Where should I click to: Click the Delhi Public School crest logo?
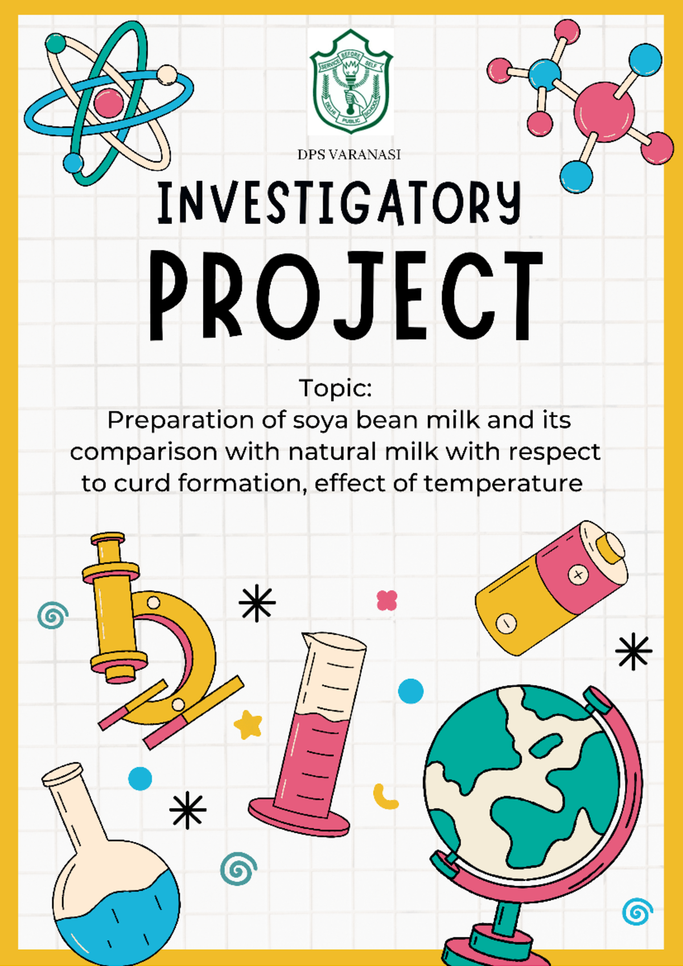(351, 81)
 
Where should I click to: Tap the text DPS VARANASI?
(349, 155)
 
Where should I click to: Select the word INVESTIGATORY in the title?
(339, 203)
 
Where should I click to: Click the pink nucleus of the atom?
(108, 102)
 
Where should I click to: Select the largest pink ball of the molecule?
(604, 112)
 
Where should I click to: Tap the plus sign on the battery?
(578, 575)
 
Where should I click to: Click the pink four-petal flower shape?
(386, 600)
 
